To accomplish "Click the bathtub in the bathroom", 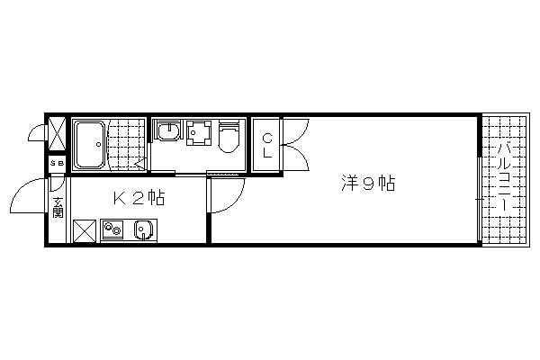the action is pos(90,144).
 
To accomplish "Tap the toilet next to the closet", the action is pos(229,137).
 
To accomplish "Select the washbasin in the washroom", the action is pos(168,130).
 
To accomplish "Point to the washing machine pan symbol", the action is pos(199,132).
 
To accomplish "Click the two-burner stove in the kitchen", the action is pos(112,229).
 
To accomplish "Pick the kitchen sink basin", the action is pos(143,229).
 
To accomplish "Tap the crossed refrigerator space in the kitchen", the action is pos(85,230).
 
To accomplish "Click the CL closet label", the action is pos(267,146).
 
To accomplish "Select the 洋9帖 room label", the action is pos(368,184).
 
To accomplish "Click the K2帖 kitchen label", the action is pos(139,198).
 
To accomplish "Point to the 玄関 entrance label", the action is pos(58,207).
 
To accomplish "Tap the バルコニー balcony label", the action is pos(504,176).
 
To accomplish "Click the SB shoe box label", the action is pos(58,163).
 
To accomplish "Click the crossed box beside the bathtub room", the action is pos(57,134).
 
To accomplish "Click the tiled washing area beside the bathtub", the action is pos(128,144).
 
